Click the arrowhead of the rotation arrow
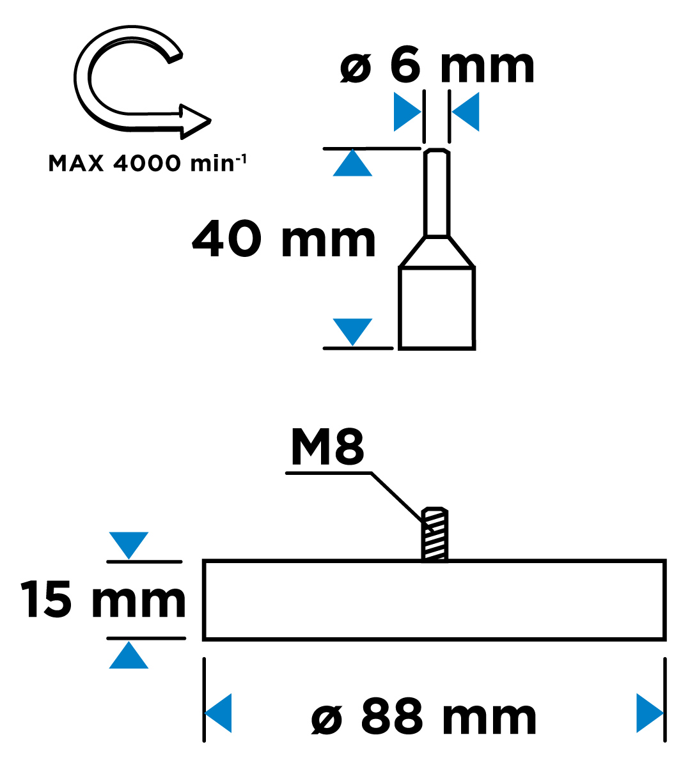[x=194, y=121]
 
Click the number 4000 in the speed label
[x=147, y=164]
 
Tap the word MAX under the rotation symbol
[x=76, y=164]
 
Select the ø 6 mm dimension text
[x=437, y=66]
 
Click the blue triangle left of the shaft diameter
[x=405, y=112]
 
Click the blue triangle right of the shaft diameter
[x=467, y=112]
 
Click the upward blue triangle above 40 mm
[x=352, y=165]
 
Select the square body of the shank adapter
[x=437, y=307]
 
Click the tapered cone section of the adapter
[x=437, y=252]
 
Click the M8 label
[x=327, y=447]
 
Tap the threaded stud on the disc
[x=435, y=534]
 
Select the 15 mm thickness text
[x=102, y=600]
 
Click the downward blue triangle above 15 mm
[x=129, y=543]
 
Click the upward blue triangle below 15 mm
[x=129, y=657]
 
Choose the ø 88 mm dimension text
[x=424, y=718]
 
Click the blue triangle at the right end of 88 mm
[x=648, y=713]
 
